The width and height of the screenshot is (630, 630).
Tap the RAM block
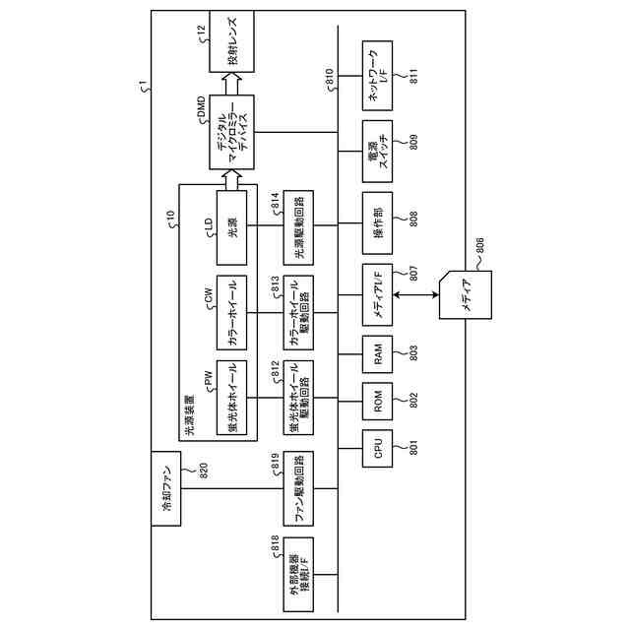tap(378, 351)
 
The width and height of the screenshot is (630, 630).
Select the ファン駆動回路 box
tap(298, 490)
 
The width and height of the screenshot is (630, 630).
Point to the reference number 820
tap(204, 471)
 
